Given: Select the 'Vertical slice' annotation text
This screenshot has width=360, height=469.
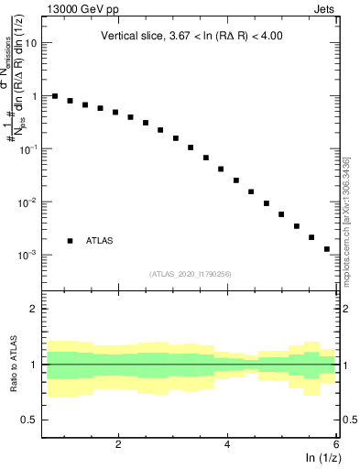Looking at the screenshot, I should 191,37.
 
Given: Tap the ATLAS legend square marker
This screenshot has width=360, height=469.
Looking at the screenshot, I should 71,240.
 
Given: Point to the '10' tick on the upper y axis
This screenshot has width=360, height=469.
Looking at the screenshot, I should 33,43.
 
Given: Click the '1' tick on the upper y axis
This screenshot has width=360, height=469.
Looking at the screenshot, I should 36,96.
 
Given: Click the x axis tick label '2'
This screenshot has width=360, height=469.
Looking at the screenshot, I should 118,444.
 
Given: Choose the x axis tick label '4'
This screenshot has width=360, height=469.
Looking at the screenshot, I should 227,444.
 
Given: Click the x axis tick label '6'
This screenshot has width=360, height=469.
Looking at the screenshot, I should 336,444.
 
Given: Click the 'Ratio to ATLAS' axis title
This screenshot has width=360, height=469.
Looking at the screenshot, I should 12,365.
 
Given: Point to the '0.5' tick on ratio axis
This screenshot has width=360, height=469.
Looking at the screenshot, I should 30,420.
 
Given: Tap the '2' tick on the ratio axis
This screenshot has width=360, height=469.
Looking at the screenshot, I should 36,309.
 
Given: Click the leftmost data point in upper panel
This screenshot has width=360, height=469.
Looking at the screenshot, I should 55,96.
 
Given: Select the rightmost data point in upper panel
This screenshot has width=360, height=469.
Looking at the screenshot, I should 326,248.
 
